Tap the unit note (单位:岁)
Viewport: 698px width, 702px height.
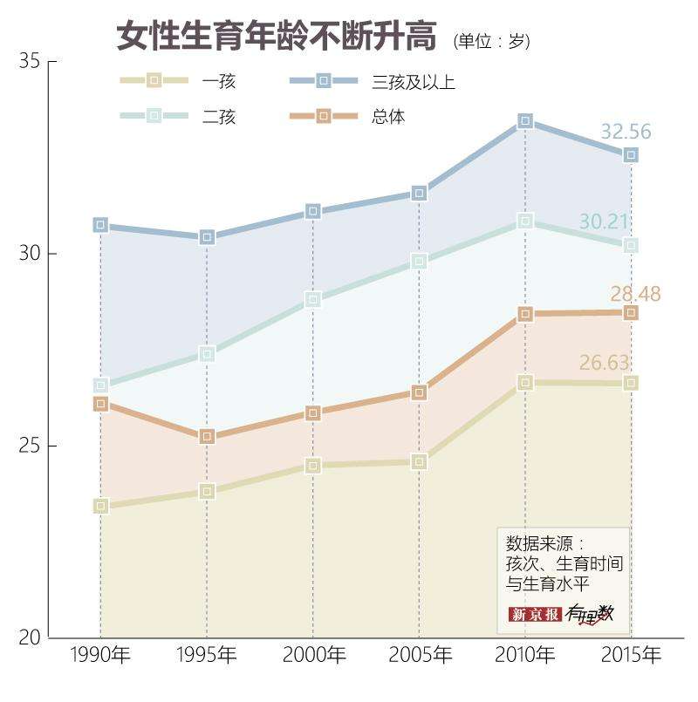491,41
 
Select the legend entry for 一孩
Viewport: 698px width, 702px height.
218,82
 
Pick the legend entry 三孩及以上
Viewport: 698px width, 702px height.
413,82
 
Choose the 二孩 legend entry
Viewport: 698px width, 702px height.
218,116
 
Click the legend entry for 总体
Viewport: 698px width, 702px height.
388,116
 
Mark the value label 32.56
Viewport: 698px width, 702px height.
626,133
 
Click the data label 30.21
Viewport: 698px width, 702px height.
605,222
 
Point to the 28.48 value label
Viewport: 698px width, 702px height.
635,294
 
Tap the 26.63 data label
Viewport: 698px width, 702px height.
604,362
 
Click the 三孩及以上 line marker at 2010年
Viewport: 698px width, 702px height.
525,120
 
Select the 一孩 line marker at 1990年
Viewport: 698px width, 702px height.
100,506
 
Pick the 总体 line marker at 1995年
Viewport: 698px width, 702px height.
207,436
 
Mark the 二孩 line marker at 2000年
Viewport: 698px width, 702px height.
313,299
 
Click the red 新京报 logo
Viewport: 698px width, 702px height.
535,614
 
